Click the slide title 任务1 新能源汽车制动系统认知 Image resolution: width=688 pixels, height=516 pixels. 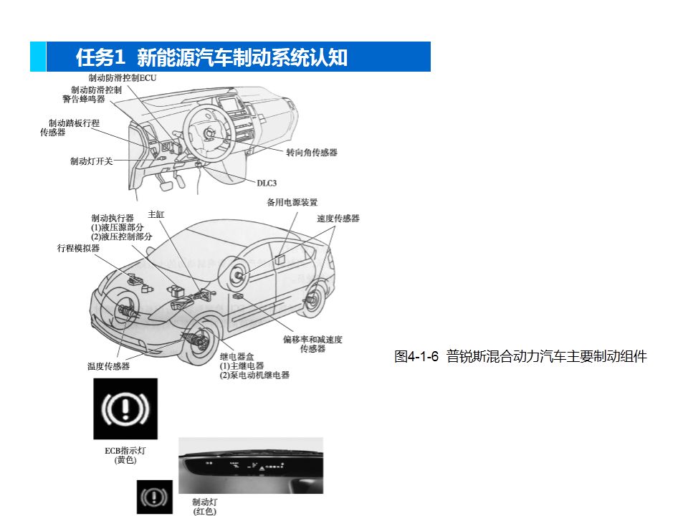211,57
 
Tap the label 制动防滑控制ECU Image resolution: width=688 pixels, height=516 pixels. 122,77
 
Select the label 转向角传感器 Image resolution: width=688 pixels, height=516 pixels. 312,152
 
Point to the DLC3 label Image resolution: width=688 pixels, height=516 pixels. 267,183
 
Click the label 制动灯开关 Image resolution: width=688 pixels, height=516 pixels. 91,161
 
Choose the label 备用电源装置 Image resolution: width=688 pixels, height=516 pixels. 292,202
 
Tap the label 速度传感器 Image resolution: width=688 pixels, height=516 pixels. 338,218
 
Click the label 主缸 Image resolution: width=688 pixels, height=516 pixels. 156,214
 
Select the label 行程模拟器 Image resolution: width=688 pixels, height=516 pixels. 78,248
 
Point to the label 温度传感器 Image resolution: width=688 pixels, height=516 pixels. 108,366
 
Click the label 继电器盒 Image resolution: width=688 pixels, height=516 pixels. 237,356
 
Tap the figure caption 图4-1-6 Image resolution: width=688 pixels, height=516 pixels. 416,356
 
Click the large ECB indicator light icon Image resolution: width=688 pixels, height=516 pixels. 125,409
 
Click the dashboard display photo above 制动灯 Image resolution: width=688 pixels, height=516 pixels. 251,466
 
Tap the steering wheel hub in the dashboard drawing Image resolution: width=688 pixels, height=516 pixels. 209,132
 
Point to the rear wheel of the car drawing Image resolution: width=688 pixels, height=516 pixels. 313,299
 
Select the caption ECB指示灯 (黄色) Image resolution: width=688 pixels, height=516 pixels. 125,455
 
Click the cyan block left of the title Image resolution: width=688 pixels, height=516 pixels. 38,57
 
